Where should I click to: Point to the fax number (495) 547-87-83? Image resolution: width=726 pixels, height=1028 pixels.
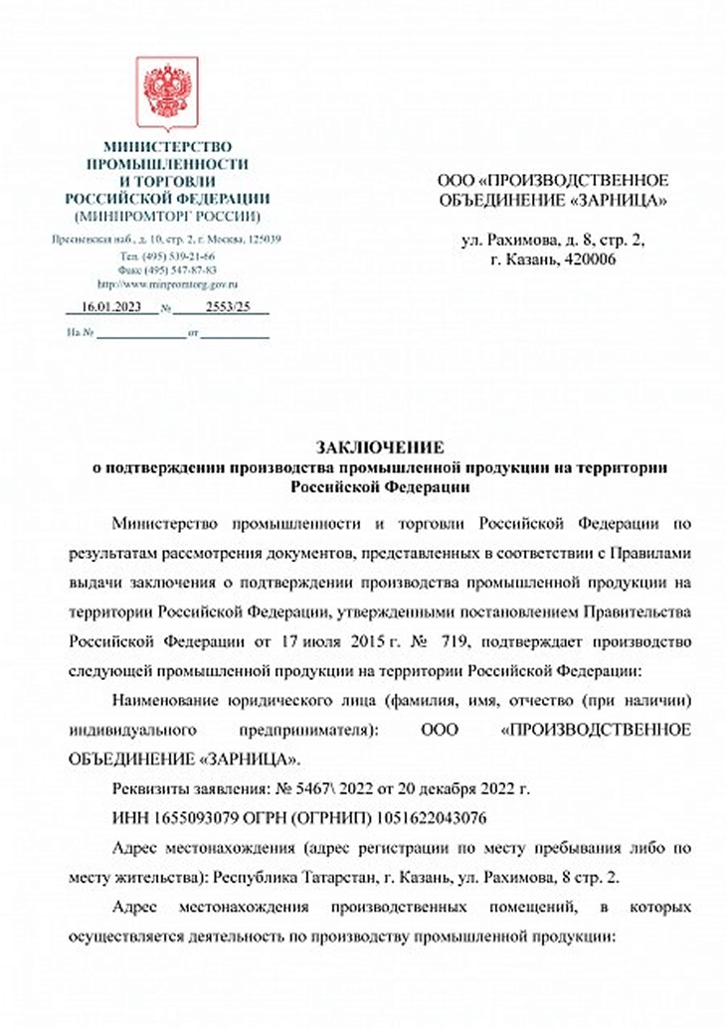pos(176,269)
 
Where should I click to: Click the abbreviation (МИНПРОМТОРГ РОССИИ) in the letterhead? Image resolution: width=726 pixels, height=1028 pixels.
pos(166,215)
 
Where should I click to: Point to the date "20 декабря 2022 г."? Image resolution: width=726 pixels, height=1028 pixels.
pos(466,791)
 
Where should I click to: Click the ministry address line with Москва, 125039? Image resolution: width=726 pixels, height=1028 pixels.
pos(166,240)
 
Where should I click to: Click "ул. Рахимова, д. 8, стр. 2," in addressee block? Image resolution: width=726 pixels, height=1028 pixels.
pos(555,240)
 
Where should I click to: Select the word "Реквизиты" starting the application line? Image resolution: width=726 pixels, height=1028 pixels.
pos(150,791)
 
